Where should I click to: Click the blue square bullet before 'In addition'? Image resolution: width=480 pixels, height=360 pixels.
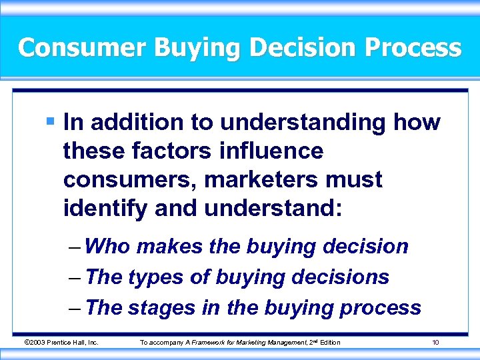pyautogui.click(x=51, y=122)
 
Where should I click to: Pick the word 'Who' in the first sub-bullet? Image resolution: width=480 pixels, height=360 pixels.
pyautogui.click(x=109, y=246)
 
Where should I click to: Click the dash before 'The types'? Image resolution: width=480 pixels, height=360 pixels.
pyautogui.click(x=75, y=277)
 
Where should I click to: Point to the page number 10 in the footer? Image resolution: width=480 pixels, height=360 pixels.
pyautogui.click(x=435, y=342)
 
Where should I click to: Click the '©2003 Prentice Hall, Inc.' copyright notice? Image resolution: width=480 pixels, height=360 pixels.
pyautogui.click(x=61, y=342)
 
